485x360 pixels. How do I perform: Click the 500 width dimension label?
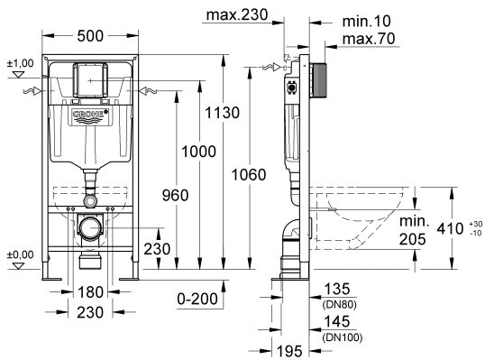pyautogui.click(x=90, y=36)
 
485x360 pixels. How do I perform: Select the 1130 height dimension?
pyautogui.click(x=223, y=113)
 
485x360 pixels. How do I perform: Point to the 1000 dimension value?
pyautogui.click(x=198, y=152)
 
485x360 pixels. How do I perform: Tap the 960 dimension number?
pyautogui.click(x=176, y=195)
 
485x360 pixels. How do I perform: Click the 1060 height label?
pyautogui.click(x=249, y=175)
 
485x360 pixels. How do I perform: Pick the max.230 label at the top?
pyautogui.click(x=237, y=14)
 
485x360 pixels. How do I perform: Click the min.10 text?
pyautogui.click(x=367, y=22)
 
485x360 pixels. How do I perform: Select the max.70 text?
pyautogui.click(x=369, y=39)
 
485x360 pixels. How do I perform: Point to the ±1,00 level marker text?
pyautogui.click(x=21, y=63)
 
